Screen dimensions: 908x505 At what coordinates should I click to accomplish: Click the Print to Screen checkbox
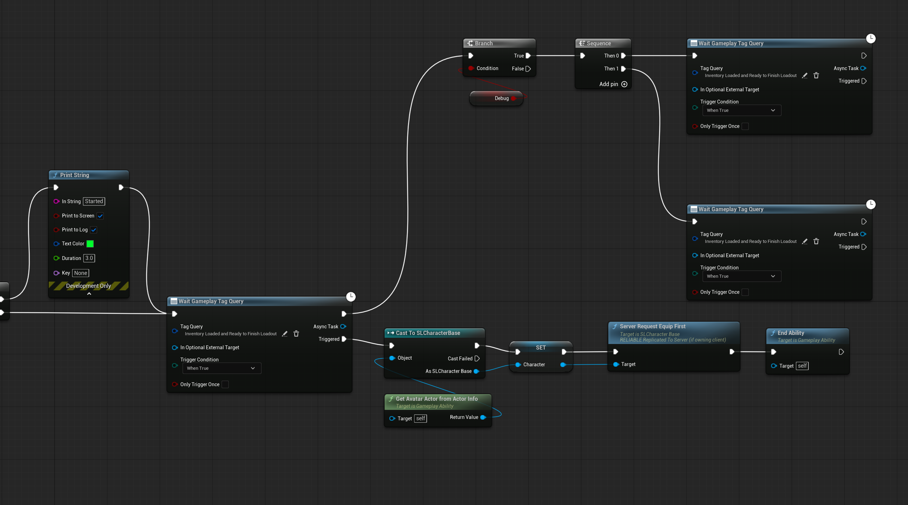click(x=100, y=216)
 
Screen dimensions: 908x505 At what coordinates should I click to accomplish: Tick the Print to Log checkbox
click(x=94, y=230)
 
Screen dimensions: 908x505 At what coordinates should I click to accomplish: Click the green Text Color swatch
click(x=90, y=244)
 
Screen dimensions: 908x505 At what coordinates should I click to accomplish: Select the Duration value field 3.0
click(x=89, y=258)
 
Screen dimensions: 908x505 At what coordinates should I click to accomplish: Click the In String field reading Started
click(x=94, y=201)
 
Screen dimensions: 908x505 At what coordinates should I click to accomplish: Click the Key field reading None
click(x=81, y=273)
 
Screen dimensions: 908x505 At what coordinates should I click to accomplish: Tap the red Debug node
click(x=496, y=98)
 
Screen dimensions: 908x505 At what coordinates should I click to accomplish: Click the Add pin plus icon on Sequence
click(x=624, y=84)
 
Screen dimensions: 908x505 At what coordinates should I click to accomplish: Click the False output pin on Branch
click(x=528, y=69)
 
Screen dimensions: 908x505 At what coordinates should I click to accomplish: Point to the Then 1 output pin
click(x=623, y=69)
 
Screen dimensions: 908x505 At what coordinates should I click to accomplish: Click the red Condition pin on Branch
click(x=471, y=68)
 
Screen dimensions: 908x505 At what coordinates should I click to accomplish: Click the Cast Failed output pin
click(x=477, y=359)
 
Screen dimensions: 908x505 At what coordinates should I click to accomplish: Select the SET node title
click(x=541, y=348)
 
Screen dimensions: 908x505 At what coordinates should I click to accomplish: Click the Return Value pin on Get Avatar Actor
click(x=483, y=418)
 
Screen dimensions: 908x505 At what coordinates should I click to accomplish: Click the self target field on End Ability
click(x=802, y=366)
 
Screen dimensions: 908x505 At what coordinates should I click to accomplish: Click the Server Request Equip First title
click(x=652, y=327)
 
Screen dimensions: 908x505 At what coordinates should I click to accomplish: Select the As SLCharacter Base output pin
click(x=476, y=372)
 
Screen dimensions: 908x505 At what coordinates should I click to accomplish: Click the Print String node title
click(x=75, y=175)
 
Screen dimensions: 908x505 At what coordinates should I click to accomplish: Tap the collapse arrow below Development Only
click(x=89, y=294)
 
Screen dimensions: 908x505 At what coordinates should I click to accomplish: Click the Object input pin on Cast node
click(x=392, y=358)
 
